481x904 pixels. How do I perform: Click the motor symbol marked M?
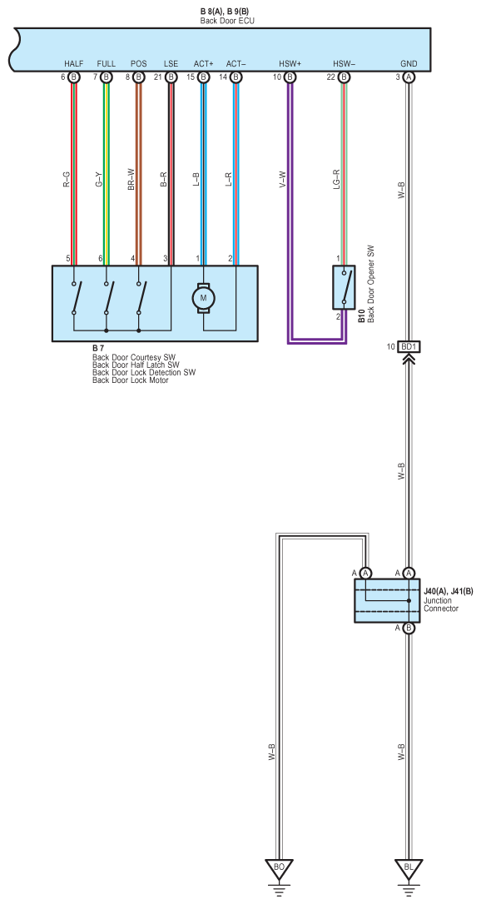point(203,298)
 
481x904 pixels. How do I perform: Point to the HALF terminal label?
point(74,63)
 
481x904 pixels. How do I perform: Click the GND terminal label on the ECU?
point(409,63)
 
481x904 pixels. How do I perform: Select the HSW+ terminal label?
point(290,63)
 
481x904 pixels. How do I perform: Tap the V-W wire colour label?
point(282,179)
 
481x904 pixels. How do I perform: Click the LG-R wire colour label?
point(336,179)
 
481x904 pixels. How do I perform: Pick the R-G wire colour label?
point(67,179)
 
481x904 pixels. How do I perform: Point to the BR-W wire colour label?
point(131,179)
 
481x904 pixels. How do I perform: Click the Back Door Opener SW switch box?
point(344,288)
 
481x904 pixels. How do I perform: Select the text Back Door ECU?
point(227,21)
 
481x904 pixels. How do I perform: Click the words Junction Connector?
point(441,604)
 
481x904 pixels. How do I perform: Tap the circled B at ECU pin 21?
point(171,77)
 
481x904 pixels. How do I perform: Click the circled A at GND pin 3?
point(409,77)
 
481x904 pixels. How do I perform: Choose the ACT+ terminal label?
point(203,63)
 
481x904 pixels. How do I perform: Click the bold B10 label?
point(361,316)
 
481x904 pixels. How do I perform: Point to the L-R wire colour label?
point(229,179)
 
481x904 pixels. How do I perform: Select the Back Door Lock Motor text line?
point(130,380)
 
